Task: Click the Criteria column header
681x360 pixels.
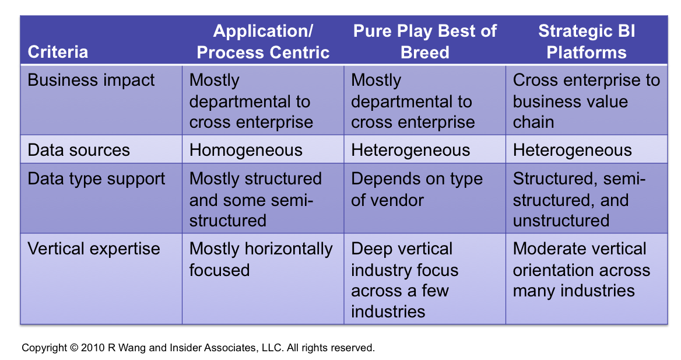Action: (58, 52)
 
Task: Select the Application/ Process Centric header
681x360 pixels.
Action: (263, 42)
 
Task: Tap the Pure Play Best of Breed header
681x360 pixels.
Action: (425, 42)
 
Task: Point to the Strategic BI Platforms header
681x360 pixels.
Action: (587, 42)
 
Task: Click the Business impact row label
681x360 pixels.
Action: (91, 81)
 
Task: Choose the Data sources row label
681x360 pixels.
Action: (79, 150)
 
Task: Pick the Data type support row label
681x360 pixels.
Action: (96, 179)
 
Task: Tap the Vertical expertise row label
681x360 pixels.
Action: (94, 249)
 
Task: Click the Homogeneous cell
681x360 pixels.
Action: (246, 151)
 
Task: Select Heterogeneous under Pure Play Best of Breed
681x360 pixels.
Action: (410, 151)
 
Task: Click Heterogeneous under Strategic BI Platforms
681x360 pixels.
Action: (572, 151)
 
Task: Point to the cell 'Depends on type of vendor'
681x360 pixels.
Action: (417, 190)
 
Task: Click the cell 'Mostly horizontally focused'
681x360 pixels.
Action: (261, 260)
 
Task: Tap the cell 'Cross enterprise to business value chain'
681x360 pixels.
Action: (587, 102)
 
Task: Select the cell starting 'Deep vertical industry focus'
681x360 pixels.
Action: (405, 281)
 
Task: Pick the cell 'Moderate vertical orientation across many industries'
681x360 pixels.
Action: (581, 270)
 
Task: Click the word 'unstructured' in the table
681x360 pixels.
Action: (561, 221)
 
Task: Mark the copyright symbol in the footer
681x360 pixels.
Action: (74, 348)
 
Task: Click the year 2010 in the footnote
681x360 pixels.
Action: (93, 348)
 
